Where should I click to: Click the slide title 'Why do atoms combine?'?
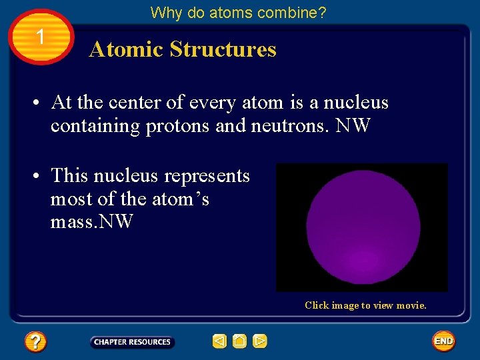pyautogui.click(x=238, y=13)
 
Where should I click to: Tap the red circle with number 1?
pyautogui.click(x=41, y=37)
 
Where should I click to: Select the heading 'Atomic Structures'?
pyautogui.click(x=183, y=49)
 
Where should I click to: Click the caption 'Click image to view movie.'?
pyautogui.click(x=365, y=305)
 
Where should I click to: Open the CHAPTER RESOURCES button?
pyautogui.click(x=132, y=342)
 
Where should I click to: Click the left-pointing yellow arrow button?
pyautogui.click(x=219, y=342)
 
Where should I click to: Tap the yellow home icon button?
pyautogui.click(x=240, y=342)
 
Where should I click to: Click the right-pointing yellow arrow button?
pyautogui.click(x=260, y=342)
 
